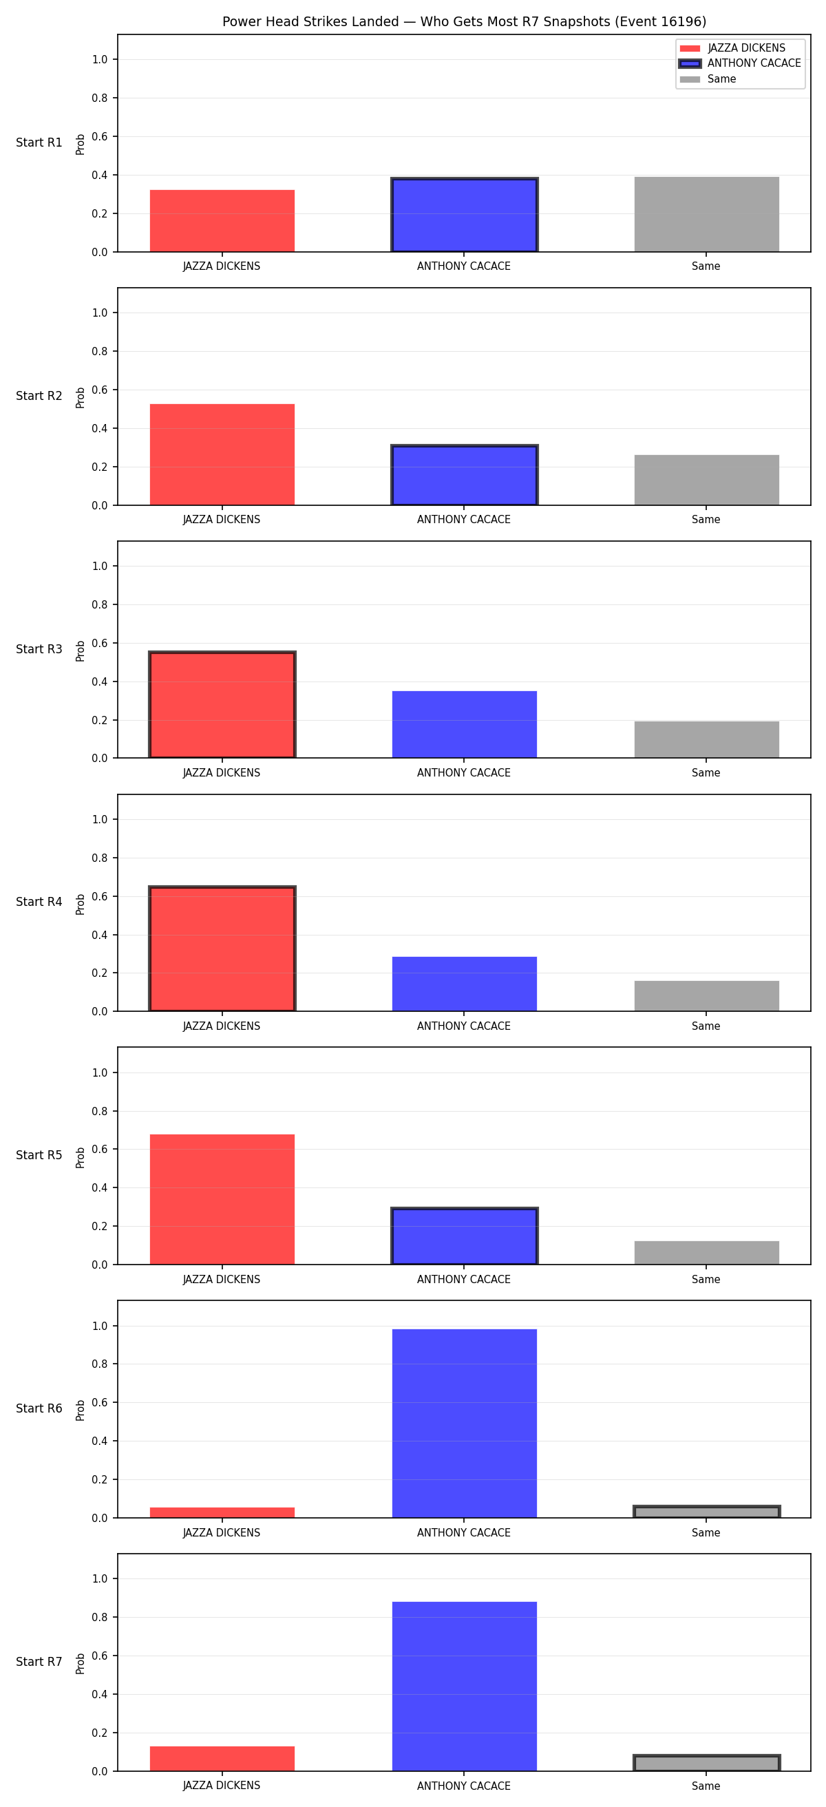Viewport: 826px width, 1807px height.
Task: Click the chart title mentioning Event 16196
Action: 464,22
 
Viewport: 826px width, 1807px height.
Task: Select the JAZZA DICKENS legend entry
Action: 733,47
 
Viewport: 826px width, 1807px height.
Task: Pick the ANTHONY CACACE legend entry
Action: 740,63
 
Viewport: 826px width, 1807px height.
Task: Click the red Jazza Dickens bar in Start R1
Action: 222,221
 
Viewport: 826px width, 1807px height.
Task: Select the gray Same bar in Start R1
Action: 707,215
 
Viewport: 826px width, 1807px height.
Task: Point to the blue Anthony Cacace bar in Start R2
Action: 464,475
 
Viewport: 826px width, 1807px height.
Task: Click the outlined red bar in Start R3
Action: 222,705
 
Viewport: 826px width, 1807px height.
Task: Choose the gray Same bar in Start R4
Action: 707,996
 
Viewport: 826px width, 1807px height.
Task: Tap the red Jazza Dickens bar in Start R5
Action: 222,1200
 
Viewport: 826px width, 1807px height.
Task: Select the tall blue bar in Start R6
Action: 464,1424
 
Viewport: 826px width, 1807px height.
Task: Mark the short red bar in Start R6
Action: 222,1513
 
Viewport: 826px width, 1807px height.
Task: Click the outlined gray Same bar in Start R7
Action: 707,1764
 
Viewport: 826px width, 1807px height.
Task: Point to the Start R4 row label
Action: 39,902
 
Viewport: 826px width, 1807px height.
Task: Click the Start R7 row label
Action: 39,1662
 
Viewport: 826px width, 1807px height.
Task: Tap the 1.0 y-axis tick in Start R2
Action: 100,313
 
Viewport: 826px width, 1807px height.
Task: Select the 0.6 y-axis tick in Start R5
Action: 100,1149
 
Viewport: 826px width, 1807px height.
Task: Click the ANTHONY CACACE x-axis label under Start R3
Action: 463,773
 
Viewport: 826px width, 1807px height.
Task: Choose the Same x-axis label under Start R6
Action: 706,1533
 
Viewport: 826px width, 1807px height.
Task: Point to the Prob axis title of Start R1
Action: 81,144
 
